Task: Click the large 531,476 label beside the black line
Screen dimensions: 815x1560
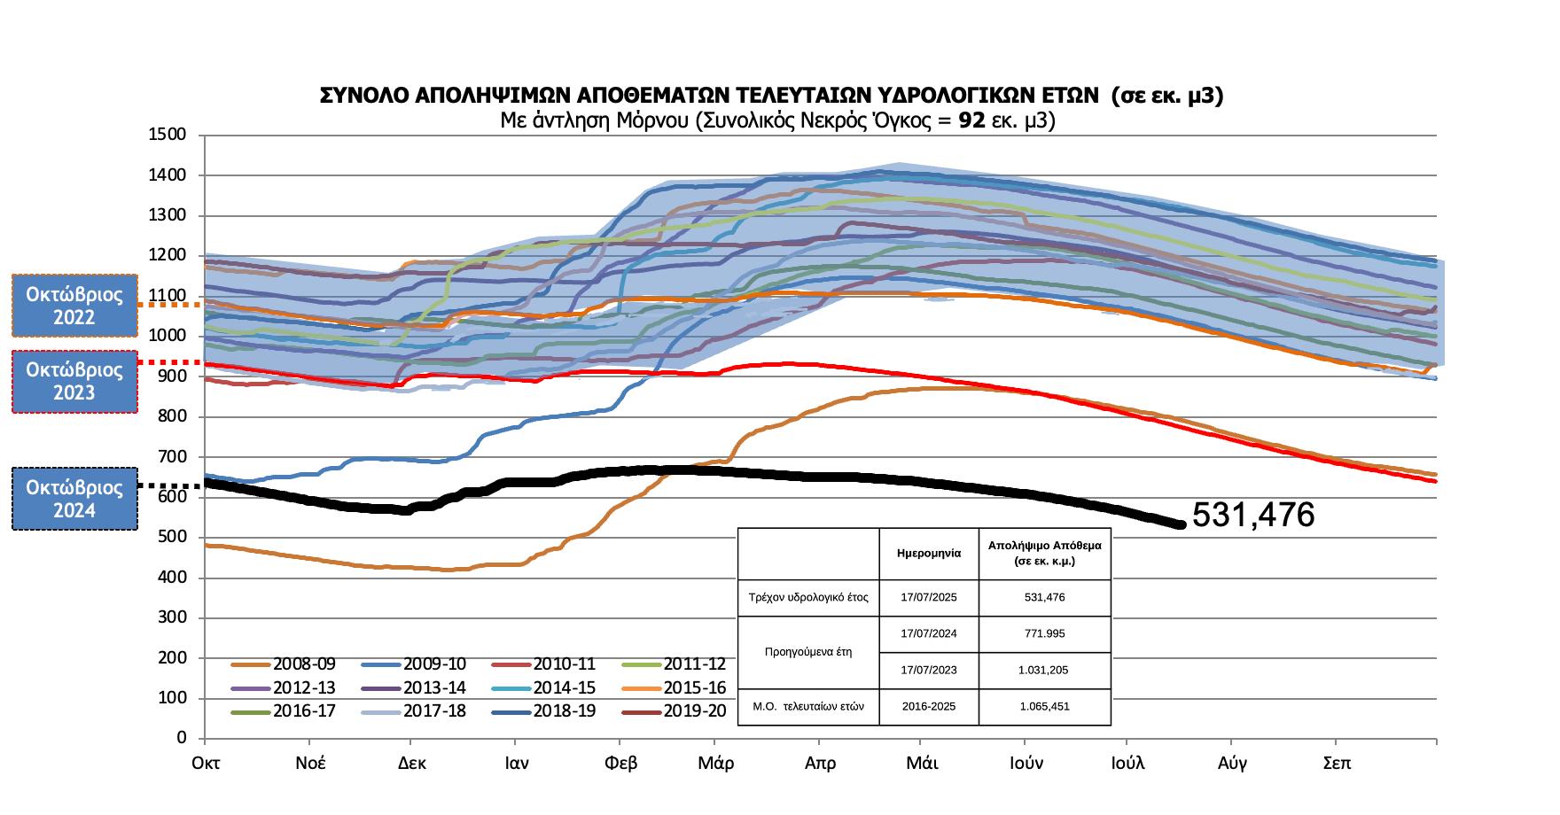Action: pos(1253,515)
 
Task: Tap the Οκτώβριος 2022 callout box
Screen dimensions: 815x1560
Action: pos(74,306)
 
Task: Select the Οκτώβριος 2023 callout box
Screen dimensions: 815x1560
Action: pos(74,381)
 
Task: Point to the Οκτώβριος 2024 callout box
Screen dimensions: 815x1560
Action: pos(74,499)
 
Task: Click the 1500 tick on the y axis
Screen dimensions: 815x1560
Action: pos(169,135)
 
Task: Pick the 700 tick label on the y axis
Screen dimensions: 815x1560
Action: pos(173,457)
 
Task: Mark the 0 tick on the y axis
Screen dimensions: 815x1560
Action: pos(181,738)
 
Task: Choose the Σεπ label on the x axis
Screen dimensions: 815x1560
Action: pos(1337,764)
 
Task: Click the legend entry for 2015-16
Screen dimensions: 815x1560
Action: pos(694,688)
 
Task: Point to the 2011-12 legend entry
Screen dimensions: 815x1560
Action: pos(694,664)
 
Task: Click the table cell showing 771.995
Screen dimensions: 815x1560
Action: pos(1044,633)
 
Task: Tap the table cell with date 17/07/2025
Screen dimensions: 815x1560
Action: pos(928,597)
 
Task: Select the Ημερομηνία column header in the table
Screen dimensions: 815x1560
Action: pos(928,553)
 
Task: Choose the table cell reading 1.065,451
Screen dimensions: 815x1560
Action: pos(1044,706)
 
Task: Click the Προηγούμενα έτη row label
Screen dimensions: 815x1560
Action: pos(807,652)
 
